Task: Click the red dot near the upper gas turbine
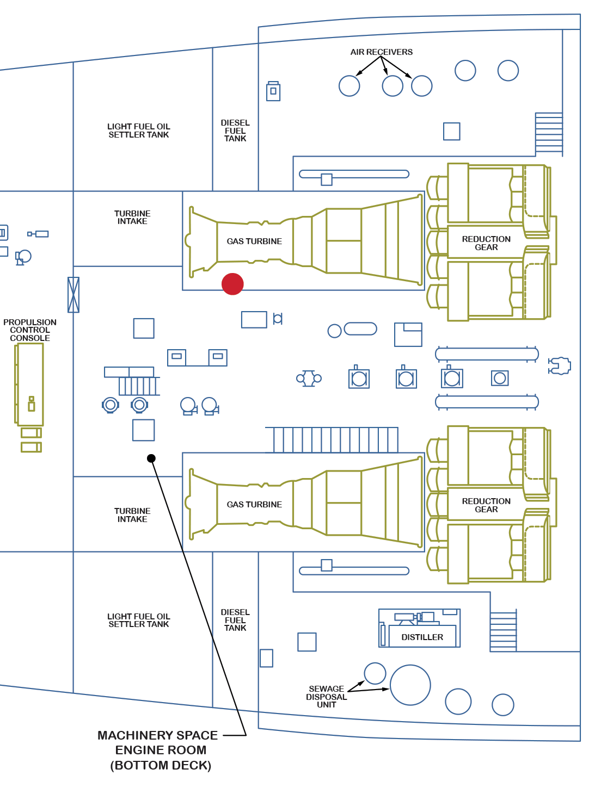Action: pos(232,284)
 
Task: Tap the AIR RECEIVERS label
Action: pos(381,52)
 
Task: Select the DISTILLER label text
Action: pos(422,637)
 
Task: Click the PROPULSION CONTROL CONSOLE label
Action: pos(30,330)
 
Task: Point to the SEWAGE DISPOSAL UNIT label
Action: pos(326,697)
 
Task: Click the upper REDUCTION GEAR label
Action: pos(486,243)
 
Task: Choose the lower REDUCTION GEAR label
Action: pos(486,505)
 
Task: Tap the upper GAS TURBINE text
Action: pos(254,241)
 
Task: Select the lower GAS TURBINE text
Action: pos(254,505)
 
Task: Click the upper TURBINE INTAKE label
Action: pos(132,218)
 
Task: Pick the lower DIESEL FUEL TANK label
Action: pos(235,620)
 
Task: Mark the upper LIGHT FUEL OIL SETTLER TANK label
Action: pos(139,131)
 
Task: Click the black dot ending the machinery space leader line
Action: pos(151,458)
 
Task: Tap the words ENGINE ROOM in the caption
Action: pos(161,750)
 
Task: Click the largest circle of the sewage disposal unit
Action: pos(410,685)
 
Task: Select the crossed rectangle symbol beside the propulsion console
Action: pos(73,295)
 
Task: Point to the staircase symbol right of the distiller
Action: pos(503,631)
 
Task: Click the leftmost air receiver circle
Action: pos(349,86)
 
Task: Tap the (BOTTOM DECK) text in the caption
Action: pos(161,765)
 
